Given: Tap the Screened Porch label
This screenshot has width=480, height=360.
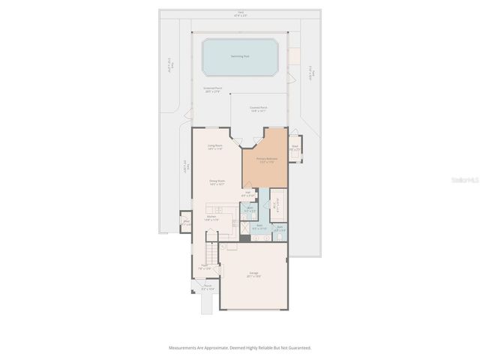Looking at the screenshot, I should [x=213, y=90].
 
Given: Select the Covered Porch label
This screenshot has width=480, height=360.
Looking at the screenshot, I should [x=259, y=109].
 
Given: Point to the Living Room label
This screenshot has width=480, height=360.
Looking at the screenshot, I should [x=215, y=147].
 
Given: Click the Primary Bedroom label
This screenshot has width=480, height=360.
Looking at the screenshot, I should [x=267, y=160].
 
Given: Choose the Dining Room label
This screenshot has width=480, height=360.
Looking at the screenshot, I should [x=217, y=182].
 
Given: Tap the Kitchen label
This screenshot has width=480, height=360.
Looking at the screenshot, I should [x=212, y=218].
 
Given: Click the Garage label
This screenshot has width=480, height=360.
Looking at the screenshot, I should [x=253, y=275].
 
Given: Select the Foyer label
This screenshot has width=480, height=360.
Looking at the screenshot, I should [x=203, y=267].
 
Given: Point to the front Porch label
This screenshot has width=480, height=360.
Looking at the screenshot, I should [x=208, y=287].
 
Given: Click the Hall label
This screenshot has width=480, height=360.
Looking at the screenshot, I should [x=247, y=194].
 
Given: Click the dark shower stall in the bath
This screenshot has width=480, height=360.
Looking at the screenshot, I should [x=244, y=239].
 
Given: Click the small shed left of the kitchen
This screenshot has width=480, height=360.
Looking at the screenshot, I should [x=186, y=222].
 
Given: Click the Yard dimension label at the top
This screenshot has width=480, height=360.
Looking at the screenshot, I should [x=241, y=13].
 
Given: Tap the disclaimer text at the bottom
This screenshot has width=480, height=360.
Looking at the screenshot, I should [x=240, y=348].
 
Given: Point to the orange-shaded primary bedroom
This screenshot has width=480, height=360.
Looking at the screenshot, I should [x=267, y=169].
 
